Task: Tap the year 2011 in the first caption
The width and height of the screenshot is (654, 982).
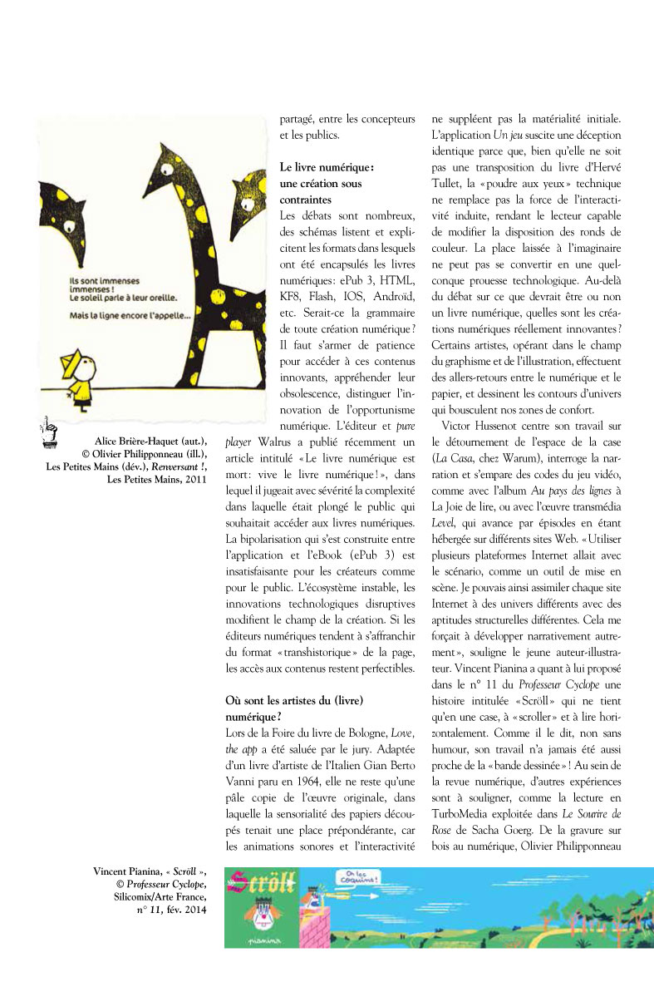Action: coord(195,479)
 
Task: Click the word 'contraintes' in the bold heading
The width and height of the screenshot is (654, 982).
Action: coord(307,200)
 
